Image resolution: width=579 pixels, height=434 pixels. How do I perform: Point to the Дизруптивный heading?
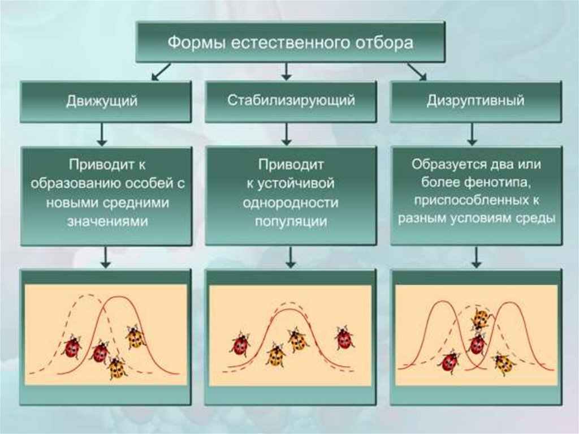coord(476,101)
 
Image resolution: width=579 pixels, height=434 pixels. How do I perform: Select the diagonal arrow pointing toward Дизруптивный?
coord(417,72)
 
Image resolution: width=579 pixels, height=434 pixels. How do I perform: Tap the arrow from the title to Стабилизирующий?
coord(287,71)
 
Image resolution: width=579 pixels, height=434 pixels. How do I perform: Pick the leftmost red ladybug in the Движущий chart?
coord(72,347)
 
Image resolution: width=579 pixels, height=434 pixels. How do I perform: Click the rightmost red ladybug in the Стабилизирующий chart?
coord(344,338)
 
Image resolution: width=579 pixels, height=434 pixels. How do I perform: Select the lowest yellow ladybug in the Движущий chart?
coord(117,368)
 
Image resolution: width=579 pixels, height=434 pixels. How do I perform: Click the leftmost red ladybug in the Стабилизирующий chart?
coord(240,343)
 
